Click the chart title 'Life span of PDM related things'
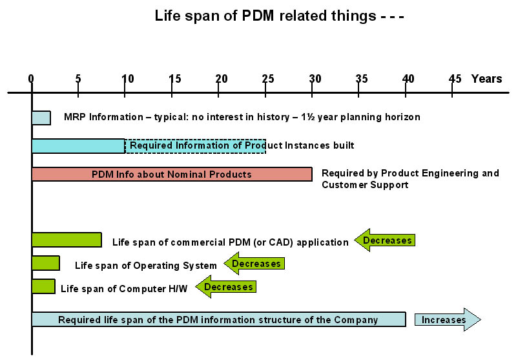265,16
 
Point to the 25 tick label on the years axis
268,79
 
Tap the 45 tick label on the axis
455,79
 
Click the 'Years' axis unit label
486,79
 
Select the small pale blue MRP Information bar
41,118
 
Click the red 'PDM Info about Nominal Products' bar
172,175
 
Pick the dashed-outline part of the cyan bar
195,146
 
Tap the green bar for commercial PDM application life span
67,240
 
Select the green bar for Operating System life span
46,263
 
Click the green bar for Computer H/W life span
43,286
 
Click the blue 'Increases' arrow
448,320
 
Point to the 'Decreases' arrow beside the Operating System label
254,264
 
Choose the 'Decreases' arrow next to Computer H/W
226,286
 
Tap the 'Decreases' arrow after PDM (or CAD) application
384,240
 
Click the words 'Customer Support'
365,185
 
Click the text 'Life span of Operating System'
146,266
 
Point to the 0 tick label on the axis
31,79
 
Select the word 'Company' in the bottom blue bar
356,320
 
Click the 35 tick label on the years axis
362,79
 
